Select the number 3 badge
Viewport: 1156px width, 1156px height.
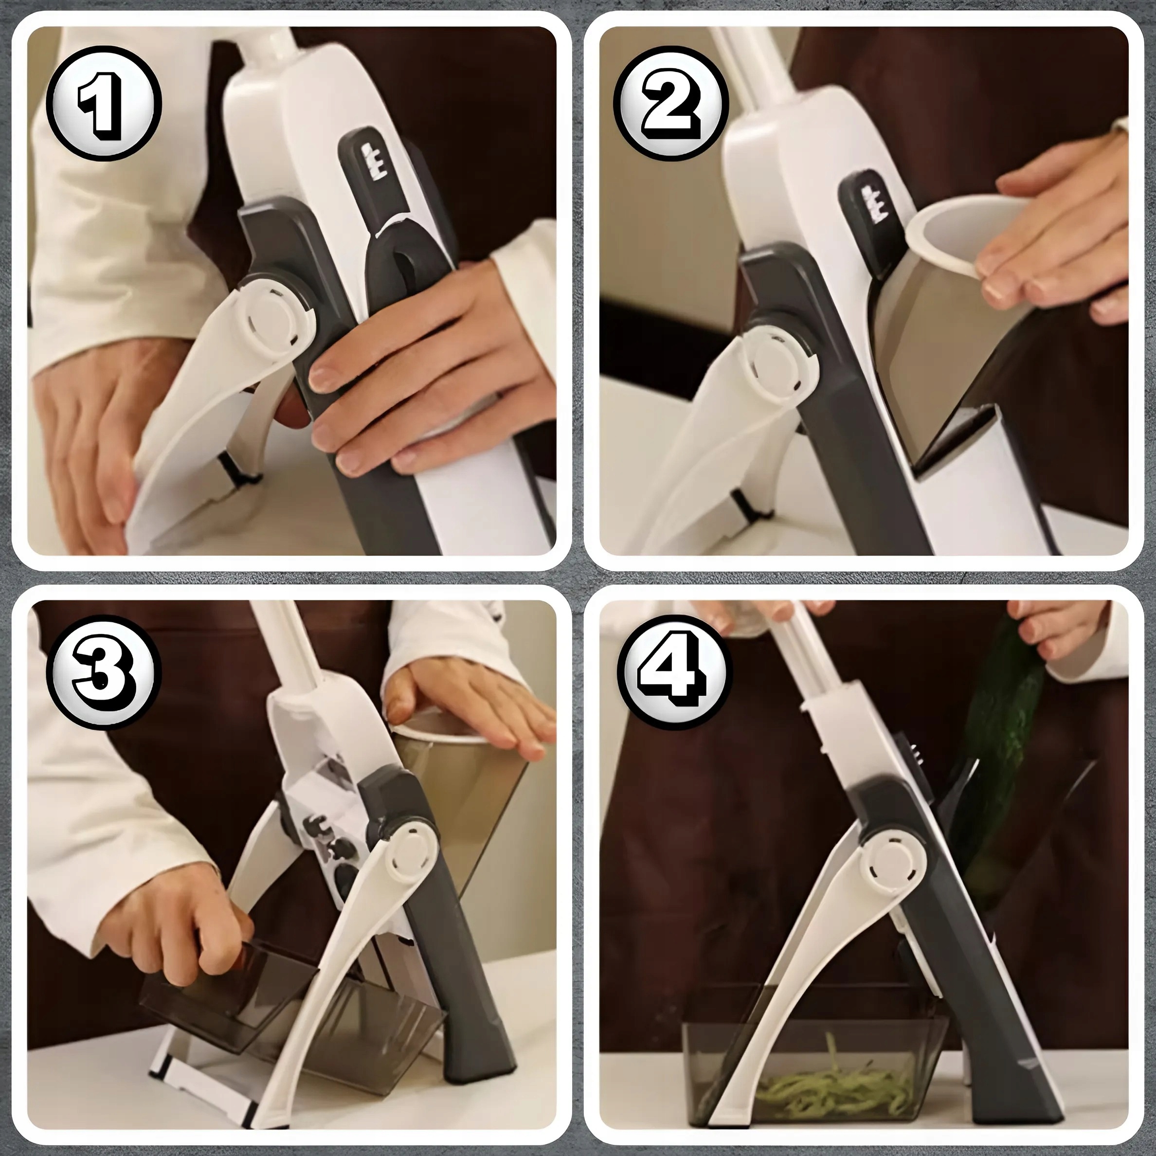click(x=105, y=680)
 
